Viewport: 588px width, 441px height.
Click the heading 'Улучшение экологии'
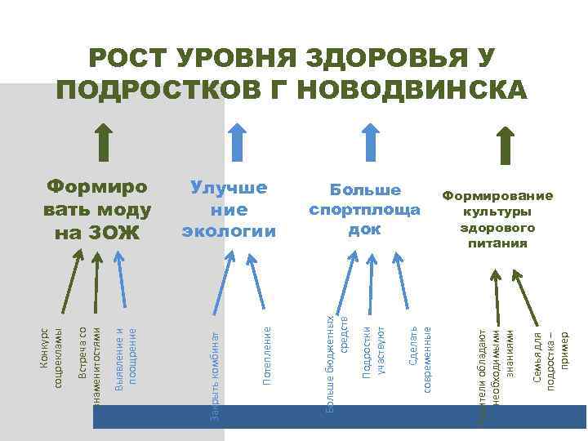pos(229,209)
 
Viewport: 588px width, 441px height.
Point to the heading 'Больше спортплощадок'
pos(364,209)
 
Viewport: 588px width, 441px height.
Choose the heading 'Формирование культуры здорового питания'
pos(497,219)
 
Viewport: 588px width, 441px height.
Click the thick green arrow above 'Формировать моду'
pos(104,143)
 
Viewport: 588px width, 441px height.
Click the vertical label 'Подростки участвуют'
pos(372,352)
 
